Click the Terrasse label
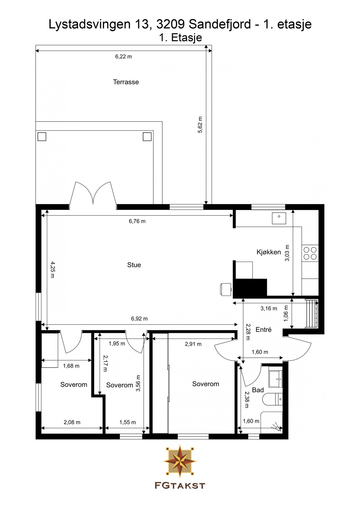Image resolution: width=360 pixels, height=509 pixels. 126,82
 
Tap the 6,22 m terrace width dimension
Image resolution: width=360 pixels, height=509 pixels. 123,57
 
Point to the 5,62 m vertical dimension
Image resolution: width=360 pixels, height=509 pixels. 200,125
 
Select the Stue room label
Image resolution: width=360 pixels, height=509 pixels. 134,265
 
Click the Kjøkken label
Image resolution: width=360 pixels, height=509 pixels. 269,252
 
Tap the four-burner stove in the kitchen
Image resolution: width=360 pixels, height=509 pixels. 310,253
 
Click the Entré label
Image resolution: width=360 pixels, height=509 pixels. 263,329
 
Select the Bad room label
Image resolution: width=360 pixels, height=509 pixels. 258,390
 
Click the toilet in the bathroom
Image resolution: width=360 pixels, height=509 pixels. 272,399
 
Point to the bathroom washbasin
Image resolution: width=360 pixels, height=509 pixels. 275,379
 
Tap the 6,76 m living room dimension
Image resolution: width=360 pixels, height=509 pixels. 137,221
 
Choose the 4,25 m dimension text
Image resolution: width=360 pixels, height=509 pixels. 52,269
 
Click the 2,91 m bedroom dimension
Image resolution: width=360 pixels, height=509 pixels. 193,344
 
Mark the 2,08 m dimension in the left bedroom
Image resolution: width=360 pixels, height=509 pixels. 72,422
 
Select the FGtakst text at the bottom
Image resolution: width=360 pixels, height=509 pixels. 180,486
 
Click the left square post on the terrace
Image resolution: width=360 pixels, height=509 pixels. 42,137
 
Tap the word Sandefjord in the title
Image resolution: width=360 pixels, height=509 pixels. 220,24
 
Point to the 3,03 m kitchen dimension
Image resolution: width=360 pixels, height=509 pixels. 287,253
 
